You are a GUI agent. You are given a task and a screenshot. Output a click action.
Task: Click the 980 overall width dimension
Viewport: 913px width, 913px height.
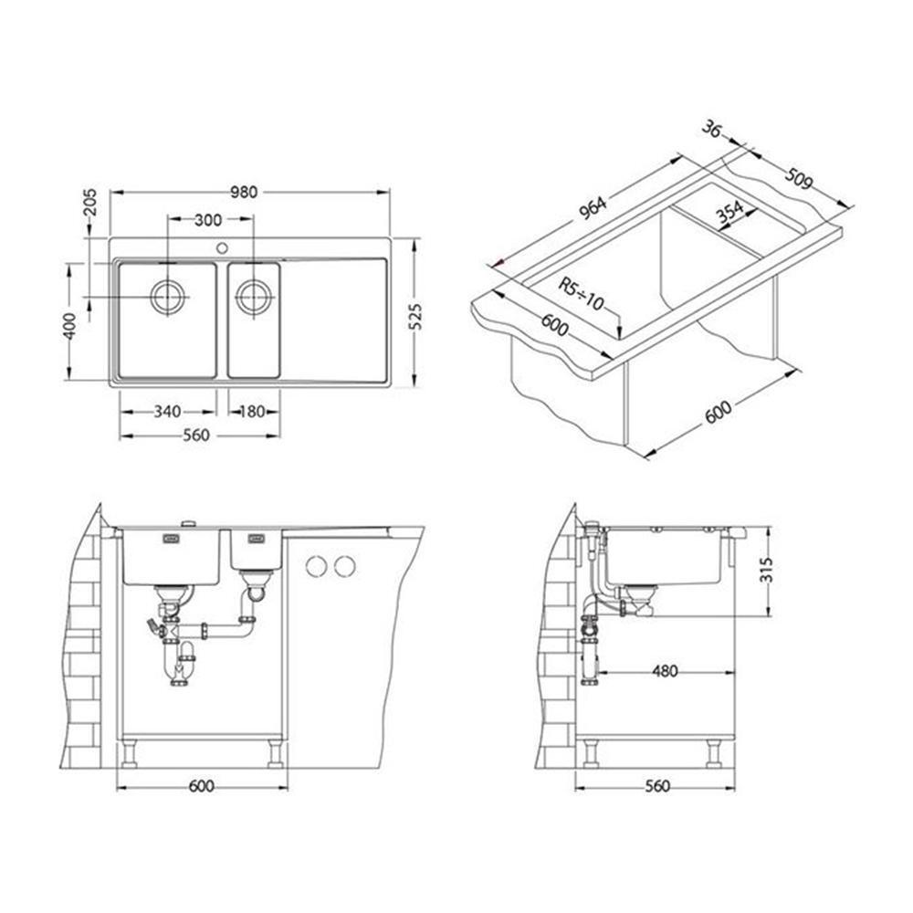click(x=244, y=192)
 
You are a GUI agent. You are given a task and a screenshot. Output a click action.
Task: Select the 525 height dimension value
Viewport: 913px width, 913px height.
click(x=415, y=317)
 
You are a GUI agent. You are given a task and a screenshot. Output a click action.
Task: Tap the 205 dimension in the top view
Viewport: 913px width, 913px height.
click(x=90, y=202)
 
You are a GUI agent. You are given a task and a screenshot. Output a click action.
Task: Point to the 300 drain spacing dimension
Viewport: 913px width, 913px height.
click(x=208, y=220)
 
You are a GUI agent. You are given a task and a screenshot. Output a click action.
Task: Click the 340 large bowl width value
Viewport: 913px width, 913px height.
click(x=167, y=412)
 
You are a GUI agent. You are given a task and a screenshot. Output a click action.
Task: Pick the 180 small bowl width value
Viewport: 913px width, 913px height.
click(x=252, y=412)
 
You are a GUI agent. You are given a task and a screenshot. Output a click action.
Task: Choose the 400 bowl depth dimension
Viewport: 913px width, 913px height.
click(x=69, y=327)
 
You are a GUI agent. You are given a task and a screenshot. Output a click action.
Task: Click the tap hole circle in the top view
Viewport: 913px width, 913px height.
click(x=222, y=248)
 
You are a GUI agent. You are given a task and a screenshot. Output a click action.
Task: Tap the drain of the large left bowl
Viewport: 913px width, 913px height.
click(x=169, y=297)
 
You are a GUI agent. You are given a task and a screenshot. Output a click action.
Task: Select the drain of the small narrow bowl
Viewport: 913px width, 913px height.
click(x=253, y=297)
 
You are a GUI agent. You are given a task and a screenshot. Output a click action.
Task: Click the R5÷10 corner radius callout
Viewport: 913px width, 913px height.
click(x=581, y=294)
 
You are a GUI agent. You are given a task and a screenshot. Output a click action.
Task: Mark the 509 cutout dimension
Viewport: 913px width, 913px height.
click(x=798, y=179)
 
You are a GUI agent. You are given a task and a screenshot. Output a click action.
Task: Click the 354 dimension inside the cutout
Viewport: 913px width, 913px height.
click(x=730, y=212)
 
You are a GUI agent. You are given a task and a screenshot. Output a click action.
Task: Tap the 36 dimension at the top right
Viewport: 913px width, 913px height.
click(x=711, y=128)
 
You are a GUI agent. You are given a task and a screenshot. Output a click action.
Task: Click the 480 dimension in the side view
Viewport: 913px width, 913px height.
click(x=665, y=671)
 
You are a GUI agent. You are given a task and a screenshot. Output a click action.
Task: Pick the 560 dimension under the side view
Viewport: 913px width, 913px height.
click(x=657, y=786)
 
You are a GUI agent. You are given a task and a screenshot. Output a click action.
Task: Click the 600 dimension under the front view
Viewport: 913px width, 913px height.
click(x=202, y=786)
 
